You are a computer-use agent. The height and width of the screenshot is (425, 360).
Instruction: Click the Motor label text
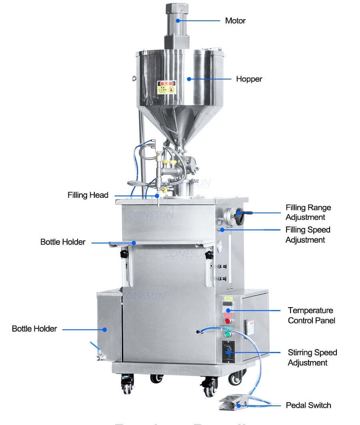[235, 20]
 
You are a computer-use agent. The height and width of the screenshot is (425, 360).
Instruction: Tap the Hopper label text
[249, 79]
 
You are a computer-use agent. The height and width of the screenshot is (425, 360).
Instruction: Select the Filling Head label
[88, 195]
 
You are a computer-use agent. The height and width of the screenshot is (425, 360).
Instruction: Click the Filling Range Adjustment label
[308, 212]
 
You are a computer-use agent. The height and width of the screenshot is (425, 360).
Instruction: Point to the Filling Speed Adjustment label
[308, 235]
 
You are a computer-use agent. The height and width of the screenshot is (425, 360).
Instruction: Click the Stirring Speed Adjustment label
[312, 357]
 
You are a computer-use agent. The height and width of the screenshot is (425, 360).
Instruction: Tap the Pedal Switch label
[308, 405]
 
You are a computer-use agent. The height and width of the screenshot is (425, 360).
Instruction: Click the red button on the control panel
[228, 321]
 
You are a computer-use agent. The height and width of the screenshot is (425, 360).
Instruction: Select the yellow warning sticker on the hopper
[166, 87]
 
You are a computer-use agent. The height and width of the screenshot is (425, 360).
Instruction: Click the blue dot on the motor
[179, 20]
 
